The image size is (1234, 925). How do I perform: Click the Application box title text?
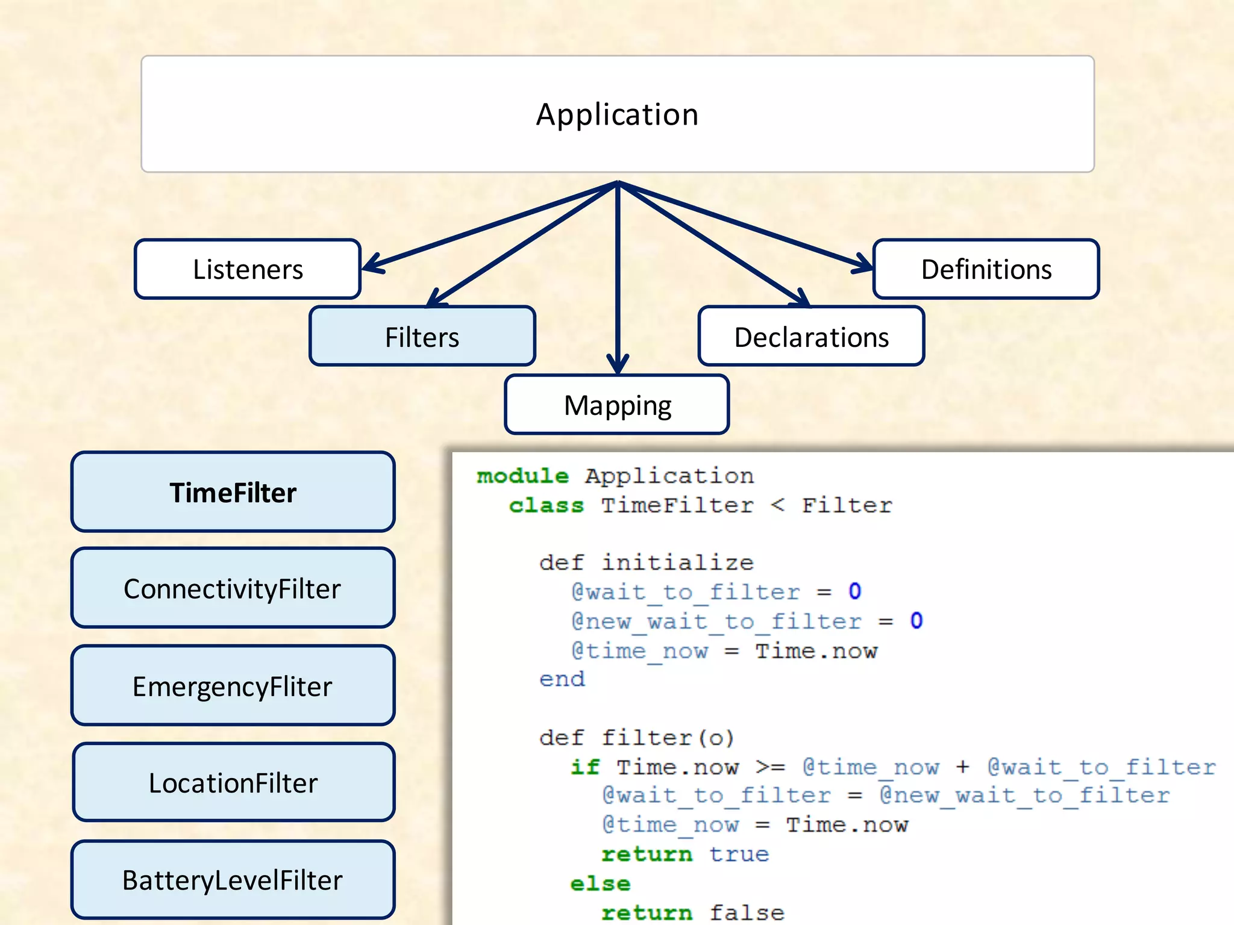point(617,114)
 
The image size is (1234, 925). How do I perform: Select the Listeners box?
point(248,269)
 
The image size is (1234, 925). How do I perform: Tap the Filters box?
point(422,337)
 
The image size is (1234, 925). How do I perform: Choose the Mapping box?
point(617,405)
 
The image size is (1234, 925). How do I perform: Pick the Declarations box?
point(811,337)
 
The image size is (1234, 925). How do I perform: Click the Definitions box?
point(986,269)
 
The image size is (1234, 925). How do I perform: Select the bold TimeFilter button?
point(233,493)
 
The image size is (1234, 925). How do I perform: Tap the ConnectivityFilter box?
point(233,588)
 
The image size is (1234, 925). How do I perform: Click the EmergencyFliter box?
point(233,686)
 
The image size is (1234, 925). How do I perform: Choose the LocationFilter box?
point(233,783)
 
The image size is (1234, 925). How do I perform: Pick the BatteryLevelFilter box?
point(233,880)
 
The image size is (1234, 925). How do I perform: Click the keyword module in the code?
point(522,476)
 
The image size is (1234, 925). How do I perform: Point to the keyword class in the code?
point(546,505)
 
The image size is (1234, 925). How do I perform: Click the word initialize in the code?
point(677,562)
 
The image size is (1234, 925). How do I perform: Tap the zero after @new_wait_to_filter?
point(916,621)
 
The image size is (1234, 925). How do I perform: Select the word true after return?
point(739,854)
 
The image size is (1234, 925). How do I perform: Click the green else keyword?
point(600,883)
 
